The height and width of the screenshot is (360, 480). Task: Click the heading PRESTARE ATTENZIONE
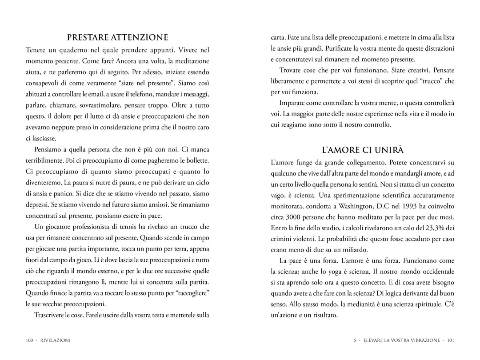point(117,37)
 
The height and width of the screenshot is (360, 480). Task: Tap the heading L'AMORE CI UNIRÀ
point(362,150)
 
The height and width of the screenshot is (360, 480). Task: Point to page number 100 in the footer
point(30,340)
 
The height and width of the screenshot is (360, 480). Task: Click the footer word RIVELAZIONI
point(56,340)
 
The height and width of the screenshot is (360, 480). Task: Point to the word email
point(108,94)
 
